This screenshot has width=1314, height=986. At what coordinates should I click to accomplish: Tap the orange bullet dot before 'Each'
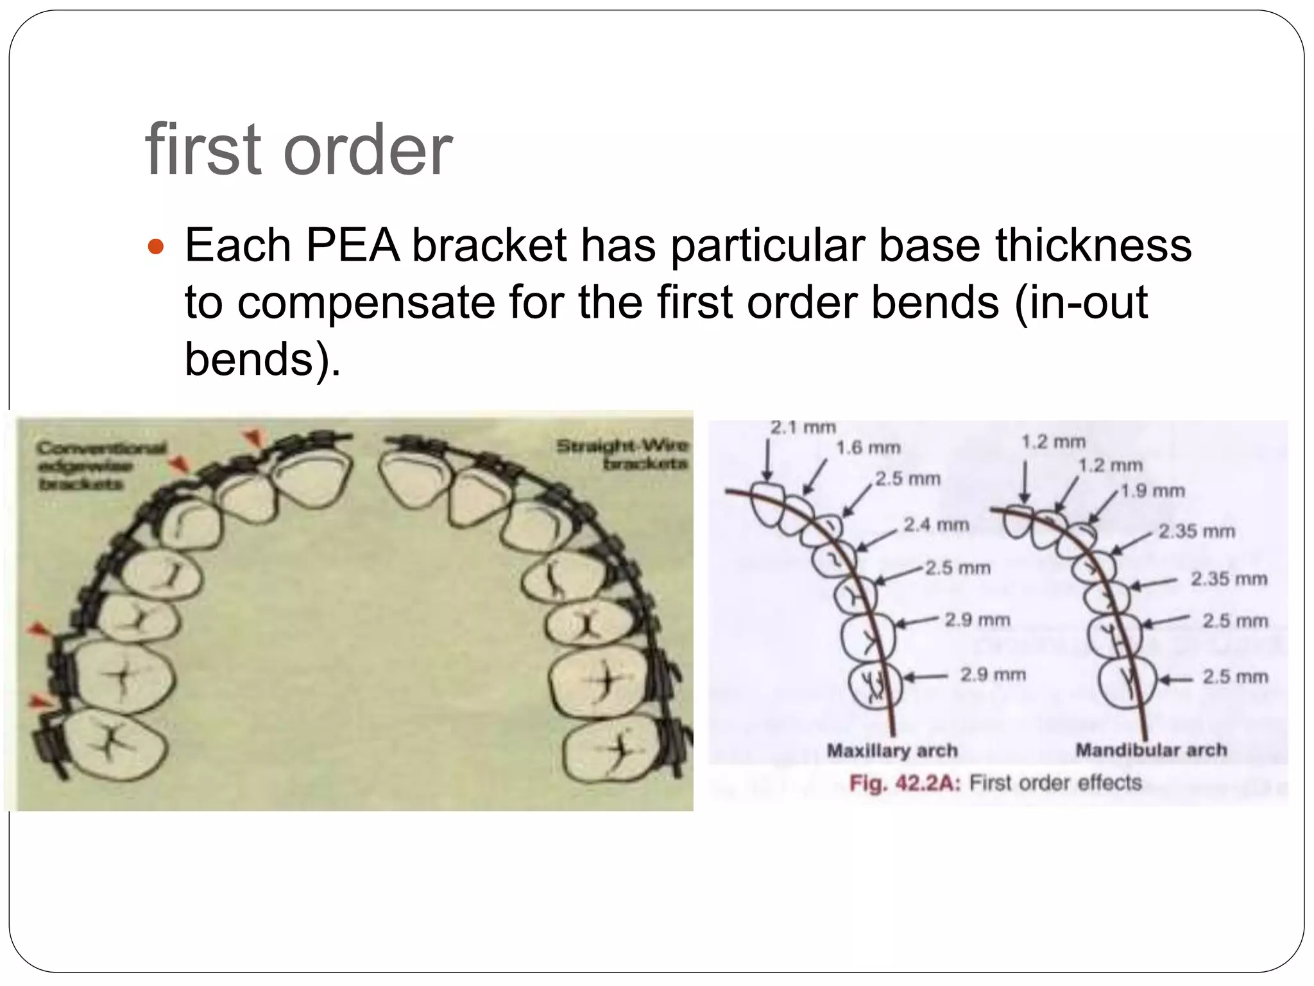click(x=156, y=246)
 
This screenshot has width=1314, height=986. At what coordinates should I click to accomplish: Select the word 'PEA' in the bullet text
click(x=353, y=245)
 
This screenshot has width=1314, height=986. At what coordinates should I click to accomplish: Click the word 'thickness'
click(x=1093, y=245)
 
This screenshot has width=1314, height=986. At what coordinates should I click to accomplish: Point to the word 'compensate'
click(x=366, y=302)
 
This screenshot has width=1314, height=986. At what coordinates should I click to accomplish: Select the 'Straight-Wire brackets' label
click(x=622, y=454)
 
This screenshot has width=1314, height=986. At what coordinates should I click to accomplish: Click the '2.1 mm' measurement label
click(x=803, y=428)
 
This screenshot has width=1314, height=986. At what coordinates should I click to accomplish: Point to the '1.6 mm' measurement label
click(x=868, y=448)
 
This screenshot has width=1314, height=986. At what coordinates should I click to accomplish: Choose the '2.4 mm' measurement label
click(x=936, y=525)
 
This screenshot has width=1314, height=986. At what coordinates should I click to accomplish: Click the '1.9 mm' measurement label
click(x=1152, y=491)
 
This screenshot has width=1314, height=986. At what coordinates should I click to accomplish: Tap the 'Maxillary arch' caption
click(x=892, y=750)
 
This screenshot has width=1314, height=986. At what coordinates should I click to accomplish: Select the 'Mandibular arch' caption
click(x=1151, y=750)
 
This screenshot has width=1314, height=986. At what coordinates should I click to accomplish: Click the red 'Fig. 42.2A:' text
click(x=905, y=783)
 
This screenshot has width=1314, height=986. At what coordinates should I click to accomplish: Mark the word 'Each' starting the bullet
click(x=237, y=245)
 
